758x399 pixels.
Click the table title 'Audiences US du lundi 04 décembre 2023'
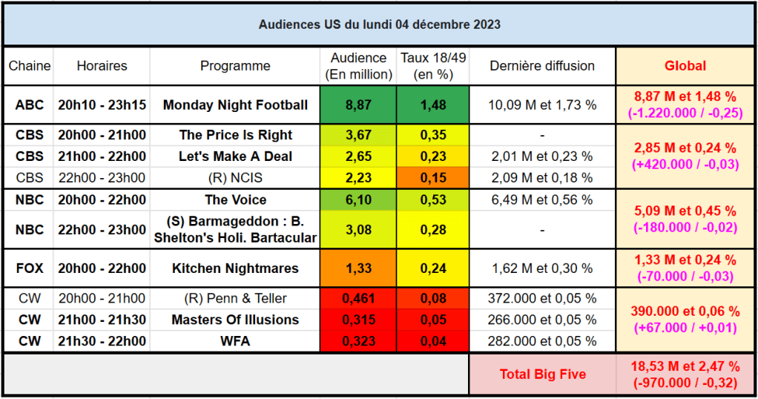(379, 24)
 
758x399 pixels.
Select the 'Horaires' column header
(102, 66)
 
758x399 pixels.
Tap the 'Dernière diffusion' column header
(542, 66)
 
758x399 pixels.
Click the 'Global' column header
(685, 66)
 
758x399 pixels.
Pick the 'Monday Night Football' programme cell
(235, 105)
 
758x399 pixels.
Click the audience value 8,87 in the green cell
(359, 105)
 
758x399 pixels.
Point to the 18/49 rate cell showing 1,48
(433, 105)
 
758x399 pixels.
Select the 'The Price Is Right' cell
(235, 135)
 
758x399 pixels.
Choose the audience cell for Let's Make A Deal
(359, 156)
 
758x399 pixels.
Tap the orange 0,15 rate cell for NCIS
(433, 178)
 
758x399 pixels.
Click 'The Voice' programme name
(235, 199)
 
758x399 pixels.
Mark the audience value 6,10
(359, 199)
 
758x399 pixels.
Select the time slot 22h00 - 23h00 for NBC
(102, 230)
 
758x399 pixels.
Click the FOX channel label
(29, 268)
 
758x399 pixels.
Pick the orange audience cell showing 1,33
(359, 268)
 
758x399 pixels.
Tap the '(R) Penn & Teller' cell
(235, 299)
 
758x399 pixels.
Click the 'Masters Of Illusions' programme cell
(235, 320)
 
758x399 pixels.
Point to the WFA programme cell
(235, 341)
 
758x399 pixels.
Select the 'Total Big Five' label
(542, 375)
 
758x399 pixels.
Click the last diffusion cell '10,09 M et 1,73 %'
(542, 105)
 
